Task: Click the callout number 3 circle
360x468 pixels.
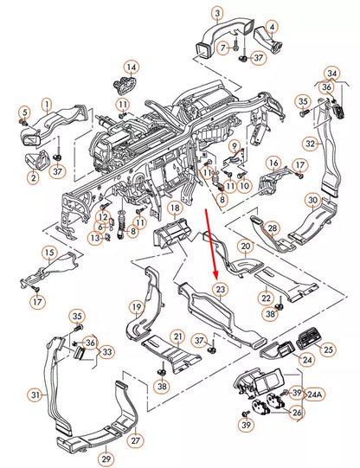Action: tap(217, 13)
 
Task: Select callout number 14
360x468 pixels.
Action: tap(132, 67)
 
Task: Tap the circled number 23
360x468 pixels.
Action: tap(221, 289)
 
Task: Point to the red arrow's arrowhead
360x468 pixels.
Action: tap(215, 273)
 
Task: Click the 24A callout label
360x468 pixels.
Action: tap(314, 394)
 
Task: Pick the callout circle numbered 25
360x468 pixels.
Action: tap(328, 349)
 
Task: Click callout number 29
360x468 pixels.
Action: tap(106, 458)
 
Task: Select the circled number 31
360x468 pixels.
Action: tap(35, 394)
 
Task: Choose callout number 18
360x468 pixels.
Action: tap(175, 208)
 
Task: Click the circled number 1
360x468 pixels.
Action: tap(47, 104)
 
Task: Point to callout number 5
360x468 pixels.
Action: tap(25, 112)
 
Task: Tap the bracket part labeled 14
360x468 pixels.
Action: tap(124, 84)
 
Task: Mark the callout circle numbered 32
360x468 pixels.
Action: tap(311, 144)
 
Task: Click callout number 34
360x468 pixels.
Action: tap(332, 74)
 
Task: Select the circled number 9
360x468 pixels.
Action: tap(235, 146)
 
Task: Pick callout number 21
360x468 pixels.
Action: tap(178, 337)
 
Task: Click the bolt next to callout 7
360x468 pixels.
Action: tap(236, 45)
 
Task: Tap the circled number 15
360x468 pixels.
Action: tap(49, 253)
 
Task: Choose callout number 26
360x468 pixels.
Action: tap(297, 413)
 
